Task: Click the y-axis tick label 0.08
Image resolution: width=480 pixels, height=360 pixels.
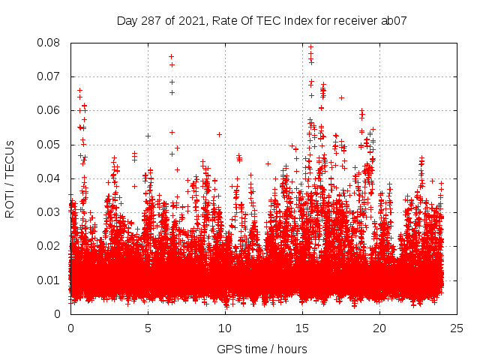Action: click(50, 43)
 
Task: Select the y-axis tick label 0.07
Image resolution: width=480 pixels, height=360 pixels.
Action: click(50, 76)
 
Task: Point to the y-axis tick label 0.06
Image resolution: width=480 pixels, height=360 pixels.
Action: click(50, 110)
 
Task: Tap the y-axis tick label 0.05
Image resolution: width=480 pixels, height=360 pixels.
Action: click(50, 144)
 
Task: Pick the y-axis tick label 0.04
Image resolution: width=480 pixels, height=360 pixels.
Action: click(50, 178)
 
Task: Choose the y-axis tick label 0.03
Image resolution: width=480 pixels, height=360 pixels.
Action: click(50, 212)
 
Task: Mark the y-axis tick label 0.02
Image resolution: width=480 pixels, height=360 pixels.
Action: click(50, 246)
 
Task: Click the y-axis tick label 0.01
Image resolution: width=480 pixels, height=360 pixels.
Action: click(50, 280)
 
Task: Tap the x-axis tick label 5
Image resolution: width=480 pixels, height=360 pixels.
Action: click(148, 328)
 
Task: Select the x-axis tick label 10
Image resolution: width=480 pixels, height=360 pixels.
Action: click(225, 328)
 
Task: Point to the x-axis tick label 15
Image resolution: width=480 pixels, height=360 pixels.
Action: click(302, 328)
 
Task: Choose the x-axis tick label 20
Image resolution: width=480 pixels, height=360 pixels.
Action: click(379, 328)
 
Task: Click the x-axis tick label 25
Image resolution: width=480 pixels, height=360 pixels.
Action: click(457, 328)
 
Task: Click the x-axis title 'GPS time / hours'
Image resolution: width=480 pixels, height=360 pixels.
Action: click(262, 349)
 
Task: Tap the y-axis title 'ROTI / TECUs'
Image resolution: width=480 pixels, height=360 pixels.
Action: click(10, 178)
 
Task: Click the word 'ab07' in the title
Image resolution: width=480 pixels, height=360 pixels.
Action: click(393, 20)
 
